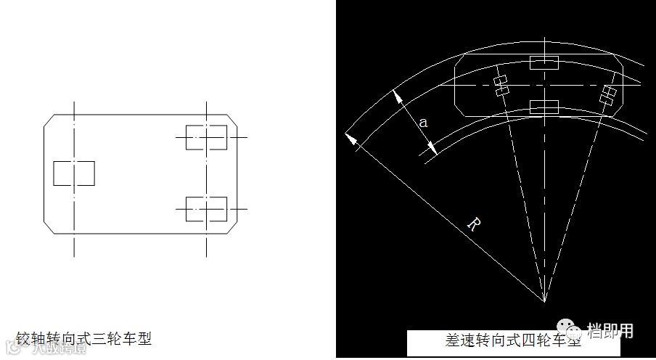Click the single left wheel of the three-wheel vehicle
(74, 173)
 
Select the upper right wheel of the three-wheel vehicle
(206, 137)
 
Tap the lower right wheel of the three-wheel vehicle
(206, 208)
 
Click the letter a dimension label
(423, 123)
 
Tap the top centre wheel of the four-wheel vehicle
(544, 62)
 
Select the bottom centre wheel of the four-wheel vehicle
(544, 107)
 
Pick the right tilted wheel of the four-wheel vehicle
(609, 93)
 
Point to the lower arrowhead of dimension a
(431, 148)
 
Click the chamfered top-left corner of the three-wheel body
(49, 120)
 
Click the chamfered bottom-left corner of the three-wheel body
(49, 227)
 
